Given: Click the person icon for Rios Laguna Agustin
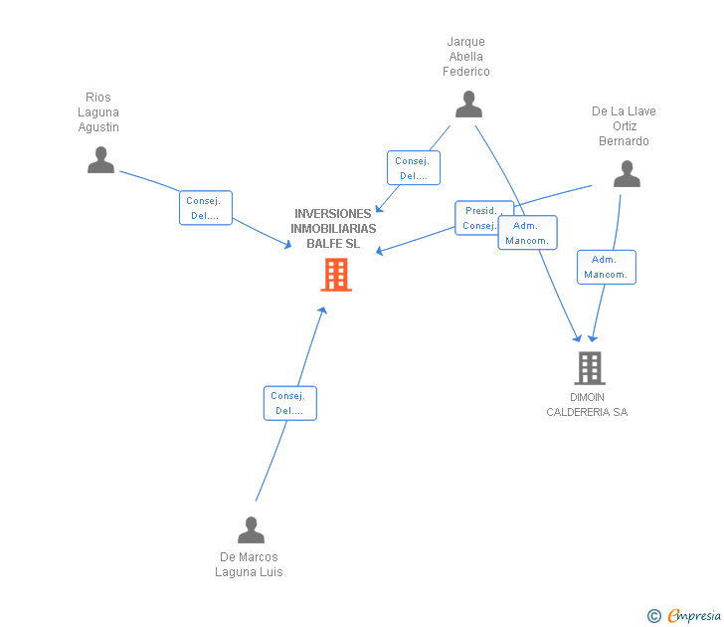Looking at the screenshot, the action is pos(100,160).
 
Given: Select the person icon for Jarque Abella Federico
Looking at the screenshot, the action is pos(468,104).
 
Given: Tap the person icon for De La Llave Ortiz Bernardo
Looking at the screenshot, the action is pos(627,174).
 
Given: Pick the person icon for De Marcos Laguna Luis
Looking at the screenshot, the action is pos(252,530).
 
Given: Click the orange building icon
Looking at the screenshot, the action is pos(336,274).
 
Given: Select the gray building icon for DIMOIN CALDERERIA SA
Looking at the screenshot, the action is pos(589,368).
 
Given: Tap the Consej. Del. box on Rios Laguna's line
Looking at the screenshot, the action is pos(206,208).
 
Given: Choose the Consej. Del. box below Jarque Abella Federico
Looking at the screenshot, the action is pos(413,168).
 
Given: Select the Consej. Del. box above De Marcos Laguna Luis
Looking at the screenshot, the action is pos(289,403).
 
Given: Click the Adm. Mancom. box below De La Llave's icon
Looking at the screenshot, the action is pos(606,267).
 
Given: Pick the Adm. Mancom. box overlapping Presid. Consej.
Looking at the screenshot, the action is pos(528,233).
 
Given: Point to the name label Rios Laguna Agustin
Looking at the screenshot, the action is pos(98,112).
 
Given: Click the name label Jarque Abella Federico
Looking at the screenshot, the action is pos(466,57).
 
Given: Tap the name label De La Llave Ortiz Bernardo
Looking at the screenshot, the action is pos(624,126).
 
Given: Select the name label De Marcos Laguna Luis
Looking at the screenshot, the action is pos(249,564).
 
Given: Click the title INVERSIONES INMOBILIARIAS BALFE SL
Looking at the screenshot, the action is pos(332,228).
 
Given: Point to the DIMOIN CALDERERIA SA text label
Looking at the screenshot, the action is pos(587,405).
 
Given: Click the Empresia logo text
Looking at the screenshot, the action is pos(694,616).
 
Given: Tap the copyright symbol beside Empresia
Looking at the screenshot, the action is pos(653,616).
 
